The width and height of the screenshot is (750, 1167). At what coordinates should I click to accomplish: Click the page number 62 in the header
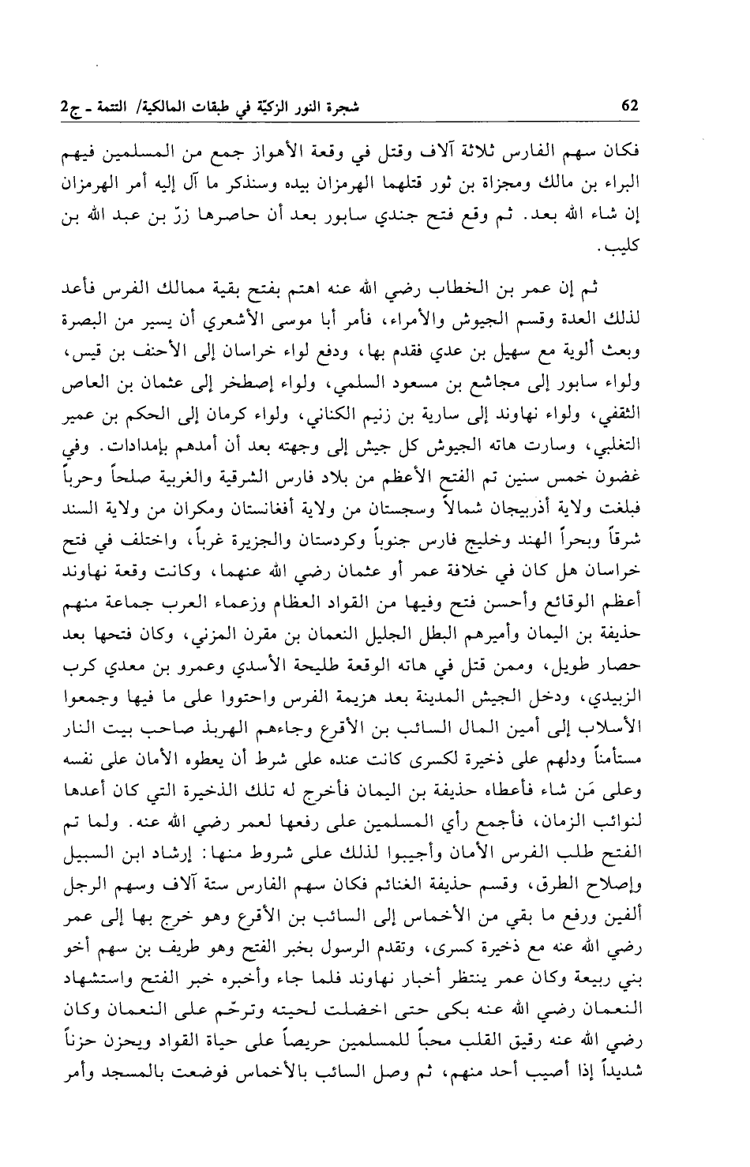click(x=629, y=107)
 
